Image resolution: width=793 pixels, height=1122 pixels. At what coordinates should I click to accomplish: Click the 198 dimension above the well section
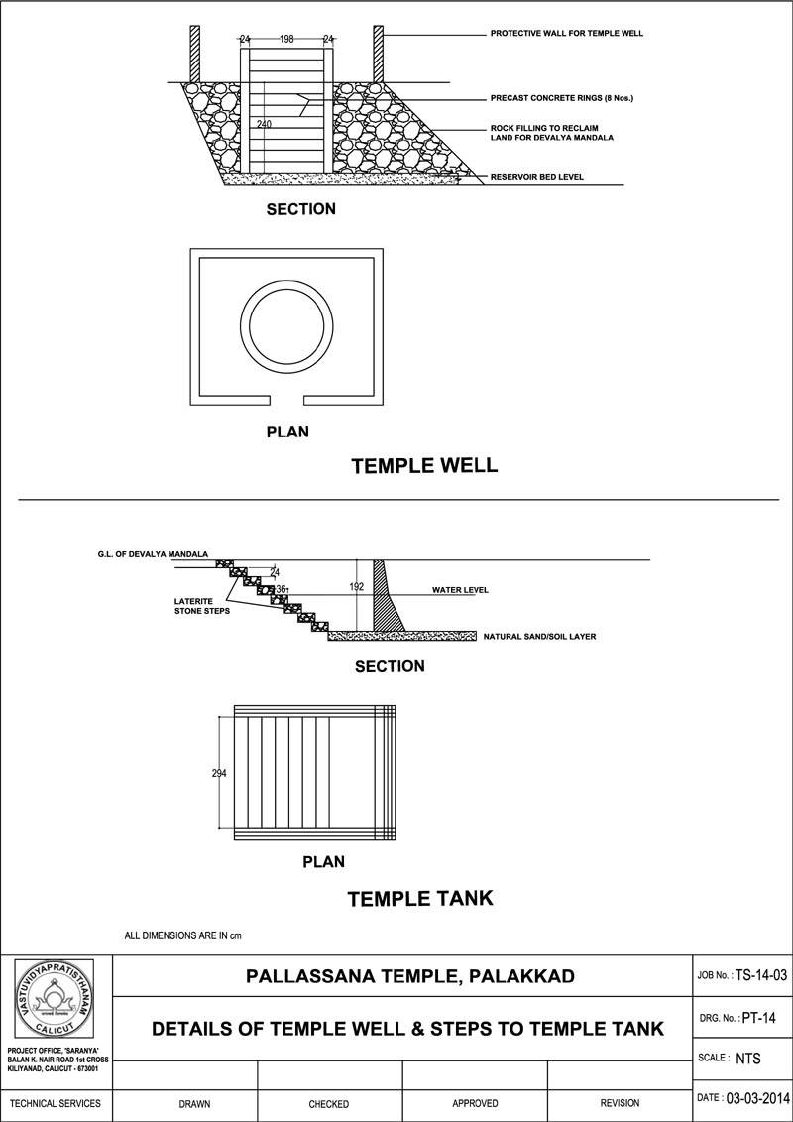(286, 39)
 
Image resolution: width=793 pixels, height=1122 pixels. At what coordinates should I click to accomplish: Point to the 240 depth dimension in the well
(264, 124)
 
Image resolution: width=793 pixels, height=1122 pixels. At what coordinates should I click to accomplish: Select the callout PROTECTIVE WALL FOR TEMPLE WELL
(566, 34)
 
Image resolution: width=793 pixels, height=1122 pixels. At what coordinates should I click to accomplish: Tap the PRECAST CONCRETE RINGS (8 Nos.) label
(561, 99)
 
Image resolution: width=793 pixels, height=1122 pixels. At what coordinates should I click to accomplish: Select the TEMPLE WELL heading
(424, 465)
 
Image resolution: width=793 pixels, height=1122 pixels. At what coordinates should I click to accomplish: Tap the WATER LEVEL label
(460, 590)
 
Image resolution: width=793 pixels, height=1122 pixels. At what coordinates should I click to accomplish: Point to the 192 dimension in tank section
(357, 587)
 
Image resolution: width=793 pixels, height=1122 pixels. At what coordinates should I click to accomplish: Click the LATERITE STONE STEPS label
(201, 606)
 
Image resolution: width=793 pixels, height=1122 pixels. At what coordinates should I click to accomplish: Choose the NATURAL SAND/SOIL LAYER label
(539, 636)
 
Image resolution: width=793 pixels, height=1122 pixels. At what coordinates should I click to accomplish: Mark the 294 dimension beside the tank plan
(219, 773)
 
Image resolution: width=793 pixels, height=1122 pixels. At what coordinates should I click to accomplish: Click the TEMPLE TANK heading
(419, 899)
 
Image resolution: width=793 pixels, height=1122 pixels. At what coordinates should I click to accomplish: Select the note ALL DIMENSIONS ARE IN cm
(182, 935)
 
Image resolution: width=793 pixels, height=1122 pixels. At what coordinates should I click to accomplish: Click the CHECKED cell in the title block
(328, 1103)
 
